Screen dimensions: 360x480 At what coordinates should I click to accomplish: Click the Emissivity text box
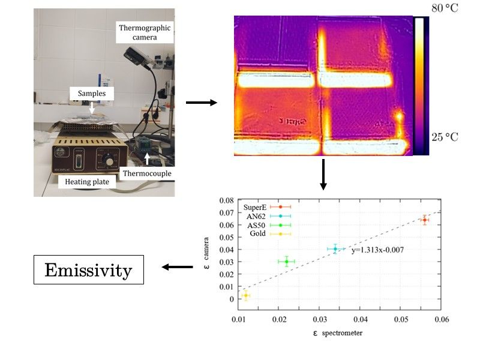pos(88,270)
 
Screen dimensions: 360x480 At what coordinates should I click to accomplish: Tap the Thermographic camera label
pos(145,32)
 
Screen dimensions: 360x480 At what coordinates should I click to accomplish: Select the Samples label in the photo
pos(91,94)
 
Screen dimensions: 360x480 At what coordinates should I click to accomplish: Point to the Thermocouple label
pos(147,174)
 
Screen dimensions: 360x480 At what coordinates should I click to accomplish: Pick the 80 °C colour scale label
pos(444,8)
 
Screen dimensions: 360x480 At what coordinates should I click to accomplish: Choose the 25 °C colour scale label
pos(444,137)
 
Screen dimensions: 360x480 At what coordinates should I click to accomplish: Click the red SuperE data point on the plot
pos(424,220)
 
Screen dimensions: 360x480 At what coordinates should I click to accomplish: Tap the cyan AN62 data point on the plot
pos(335,249)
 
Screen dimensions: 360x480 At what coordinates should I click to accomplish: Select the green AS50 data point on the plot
pos(287,261)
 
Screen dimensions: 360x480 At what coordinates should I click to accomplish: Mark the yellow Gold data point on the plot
pos(245,295)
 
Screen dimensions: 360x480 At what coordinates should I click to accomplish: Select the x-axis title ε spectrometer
pos(335,333)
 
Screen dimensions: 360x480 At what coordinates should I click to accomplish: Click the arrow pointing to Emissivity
pos(177,267)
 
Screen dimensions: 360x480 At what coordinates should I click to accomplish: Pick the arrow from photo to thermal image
pos(201,103)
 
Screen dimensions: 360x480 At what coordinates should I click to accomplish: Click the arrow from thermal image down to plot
pos(323,174)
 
